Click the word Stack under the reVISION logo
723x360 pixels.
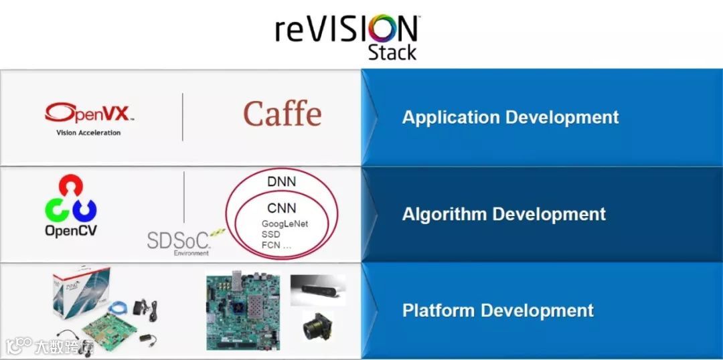392,52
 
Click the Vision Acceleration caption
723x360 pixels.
88,132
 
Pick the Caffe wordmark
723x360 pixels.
282,114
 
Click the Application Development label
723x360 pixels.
510,117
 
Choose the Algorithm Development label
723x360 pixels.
503,214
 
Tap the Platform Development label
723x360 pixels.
497,310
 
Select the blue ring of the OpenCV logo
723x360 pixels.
85,209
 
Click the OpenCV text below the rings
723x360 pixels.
71,231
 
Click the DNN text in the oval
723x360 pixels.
281,182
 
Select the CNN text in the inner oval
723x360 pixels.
281,208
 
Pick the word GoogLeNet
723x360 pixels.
285,224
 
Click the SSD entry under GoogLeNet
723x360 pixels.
270,235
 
